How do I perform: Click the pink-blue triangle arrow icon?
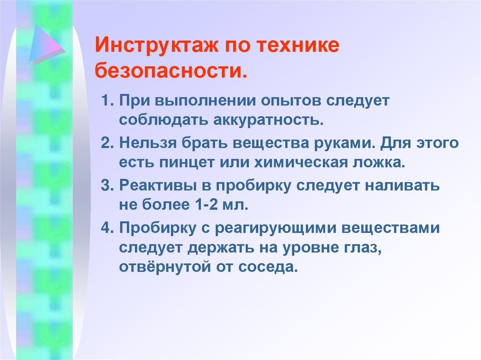[46, 43]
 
